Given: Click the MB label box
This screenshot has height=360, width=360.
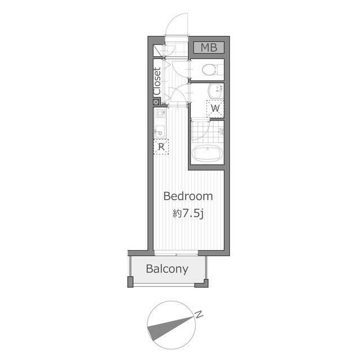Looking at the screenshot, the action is coord(209,47).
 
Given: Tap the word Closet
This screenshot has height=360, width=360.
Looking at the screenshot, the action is coord(157,81).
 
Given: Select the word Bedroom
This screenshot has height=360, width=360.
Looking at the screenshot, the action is coord(188,196).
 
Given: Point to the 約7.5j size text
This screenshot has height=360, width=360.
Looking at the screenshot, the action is coord(188,214).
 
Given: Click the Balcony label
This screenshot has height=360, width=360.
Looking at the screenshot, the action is coord(167,269).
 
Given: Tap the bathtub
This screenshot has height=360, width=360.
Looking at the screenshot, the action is coord(208,154).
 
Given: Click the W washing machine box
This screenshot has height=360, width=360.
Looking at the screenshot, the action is coord(215,109).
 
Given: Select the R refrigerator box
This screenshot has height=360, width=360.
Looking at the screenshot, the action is coord(161,147).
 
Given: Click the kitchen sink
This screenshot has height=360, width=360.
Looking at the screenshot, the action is coord(160,131).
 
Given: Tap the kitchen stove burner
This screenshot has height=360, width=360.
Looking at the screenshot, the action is coord(160,114).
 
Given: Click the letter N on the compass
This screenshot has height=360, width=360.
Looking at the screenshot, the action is coord(199,314).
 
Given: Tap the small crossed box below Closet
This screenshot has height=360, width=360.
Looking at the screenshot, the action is coord(156,102).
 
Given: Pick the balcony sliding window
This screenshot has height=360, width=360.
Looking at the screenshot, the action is coord(176,254).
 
